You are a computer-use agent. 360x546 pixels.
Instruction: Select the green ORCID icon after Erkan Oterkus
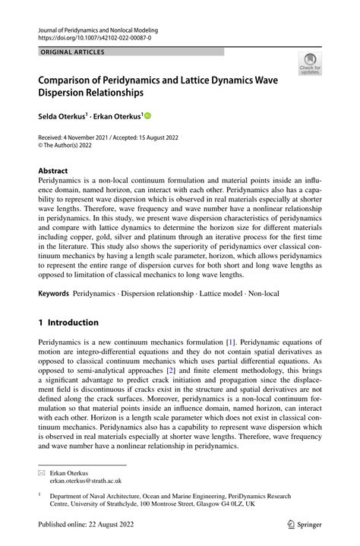coord(147,116)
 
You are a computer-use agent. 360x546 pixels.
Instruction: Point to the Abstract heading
coord(53,171)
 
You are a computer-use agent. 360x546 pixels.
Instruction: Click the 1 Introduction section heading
coord(68,322)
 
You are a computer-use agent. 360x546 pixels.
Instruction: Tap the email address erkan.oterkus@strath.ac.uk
coord(86,481)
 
